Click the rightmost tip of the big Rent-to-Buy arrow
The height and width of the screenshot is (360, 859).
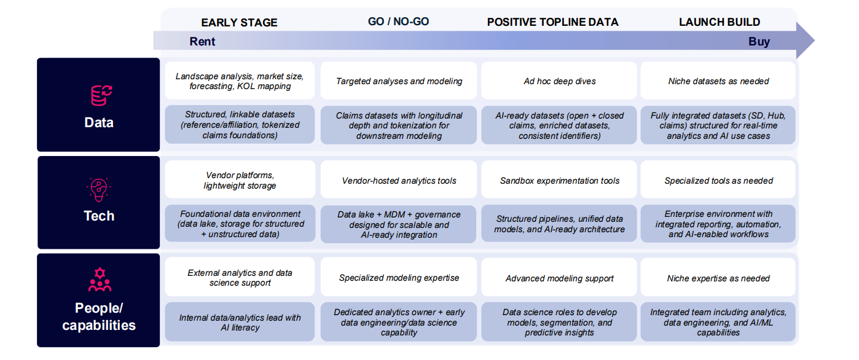tap(815, 41)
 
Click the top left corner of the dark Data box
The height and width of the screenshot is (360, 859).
tap(37, 58)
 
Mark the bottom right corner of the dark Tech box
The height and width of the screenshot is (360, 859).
tap(160, 249)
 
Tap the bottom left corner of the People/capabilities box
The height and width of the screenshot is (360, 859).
tap(37, 347)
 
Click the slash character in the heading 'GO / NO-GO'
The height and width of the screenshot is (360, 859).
tap(388, 22)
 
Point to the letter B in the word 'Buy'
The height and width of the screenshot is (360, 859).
tap(752, 41)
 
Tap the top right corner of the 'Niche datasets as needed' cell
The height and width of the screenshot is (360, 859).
tap(795, 61)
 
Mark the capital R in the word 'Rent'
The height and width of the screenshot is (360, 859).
tap(194, 41)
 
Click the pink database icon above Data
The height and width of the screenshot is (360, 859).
tap(101, 95)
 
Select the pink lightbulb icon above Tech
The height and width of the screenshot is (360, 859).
tap(98, 189)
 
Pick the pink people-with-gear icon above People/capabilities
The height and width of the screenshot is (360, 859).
tap(100, 280)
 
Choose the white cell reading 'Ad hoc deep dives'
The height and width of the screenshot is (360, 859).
tap(559, 80)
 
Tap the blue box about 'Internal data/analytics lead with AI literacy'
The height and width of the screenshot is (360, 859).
tap(240, 322)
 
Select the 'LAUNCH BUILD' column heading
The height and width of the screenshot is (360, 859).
tap(720, 22)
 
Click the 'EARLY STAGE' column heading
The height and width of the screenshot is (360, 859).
tap(239, 22)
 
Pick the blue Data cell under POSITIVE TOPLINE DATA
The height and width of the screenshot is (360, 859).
tap(559, 125)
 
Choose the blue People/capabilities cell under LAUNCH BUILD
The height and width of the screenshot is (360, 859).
tap(718, 322)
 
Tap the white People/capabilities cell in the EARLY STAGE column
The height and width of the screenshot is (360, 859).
tap(240, 277)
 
